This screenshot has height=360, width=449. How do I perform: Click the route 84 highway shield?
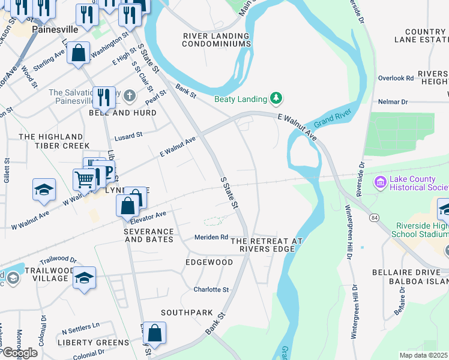(x=374, y=216)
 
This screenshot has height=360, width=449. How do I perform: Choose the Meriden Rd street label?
(x=211, y=237)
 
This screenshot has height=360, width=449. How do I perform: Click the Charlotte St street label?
(x=211, y=289)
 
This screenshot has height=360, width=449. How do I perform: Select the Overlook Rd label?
(x=396, y=78)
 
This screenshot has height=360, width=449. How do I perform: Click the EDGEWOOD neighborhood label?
(x=209, y=262)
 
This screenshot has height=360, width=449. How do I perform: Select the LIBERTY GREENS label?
(x=93, y=343)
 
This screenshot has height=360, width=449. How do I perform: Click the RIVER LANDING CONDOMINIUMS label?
(x=216, y=40)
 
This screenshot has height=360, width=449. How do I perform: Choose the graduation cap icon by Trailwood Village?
(x=85, y=277)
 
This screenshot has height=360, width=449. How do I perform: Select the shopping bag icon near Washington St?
(x=78, y=52)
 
